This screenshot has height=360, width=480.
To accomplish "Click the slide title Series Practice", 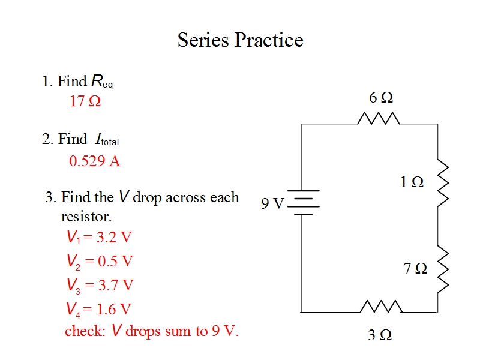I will [x=240, y=40].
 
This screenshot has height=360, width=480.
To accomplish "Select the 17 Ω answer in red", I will [x=85, y=101].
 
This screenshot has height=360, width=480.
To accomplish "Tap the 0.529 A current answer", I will [x=95, y=161].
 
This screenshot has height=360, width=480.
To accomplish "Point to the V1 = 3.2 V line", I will [x=98, y=237].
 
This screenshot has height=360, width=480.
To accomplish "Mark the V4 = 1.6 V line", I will [x=98, y=309].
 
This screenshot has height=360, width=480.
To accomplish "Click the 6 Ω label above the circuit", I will [x=381, y=97].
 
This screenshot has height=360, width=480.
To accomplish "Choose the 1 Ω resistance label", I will [x=412, y=182].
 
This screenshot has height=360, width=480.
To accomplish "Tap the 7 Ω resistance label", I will [x=415, y=268].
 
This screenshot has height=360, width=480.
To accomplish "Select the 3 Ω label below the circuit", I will [x=380, y=335].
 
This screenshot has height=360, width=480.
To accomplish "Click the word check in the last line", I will [x=84, y=331].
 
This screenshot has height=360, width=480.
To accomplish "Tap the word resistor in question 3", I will [x=86, y=216].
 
